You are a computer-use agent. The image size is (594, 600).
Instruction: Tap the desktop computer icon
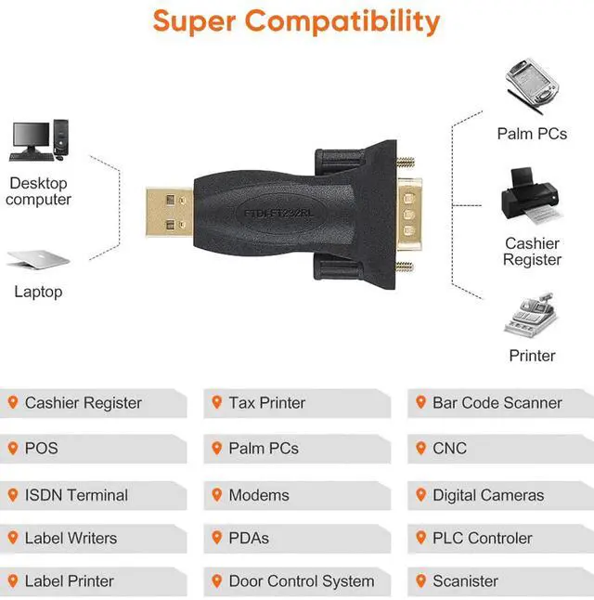click(x=39, y=140)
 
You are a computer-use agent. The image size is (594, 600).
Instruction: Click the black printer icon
click(x=532, y=197)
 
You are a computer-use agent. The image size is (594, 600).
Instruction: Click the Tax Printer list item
click(x=267, y=403)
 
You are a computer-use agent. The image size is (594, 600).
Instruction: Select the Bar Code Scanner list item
click(x=497, y=403)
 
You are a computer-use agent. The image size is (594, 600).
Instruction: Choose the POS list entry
click(x=41, y=449)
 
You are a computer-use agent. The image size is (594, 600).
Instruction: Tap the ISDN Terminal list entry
click(x=76, y=495)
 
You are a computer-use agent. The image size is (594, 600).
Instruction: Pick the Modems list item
click(x=259, y=495)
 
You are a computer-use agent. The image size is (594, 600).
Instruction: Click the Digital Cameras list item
click(x=488, y=495)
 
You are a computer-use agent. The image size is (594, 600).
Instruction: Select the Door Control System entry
click(x=302, y=582)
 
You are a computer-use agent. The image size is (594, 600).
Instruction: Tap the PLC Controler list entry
click(x=483, y=538)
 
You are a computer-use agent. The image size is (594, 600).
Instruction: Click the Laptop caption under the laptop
click(x=38, y=292)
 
